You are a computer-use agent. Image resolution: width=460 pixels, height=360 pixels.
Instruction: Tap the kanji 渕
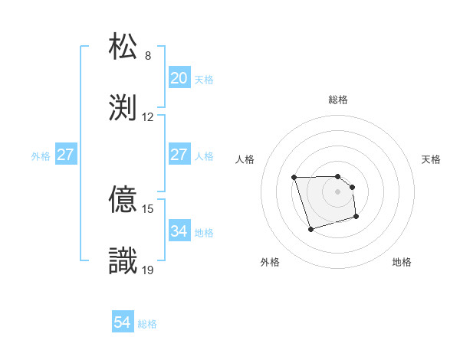(125, 107)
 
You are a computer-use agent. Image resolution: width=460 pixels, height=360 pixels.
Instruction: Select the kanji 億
(125, 199)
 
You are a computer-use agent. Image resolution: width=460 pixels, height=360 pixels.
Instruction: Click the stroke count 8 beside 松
(148, 55)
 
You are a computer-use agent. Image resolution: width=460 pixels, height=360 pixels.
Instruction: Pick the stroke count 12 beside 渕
(148, 117)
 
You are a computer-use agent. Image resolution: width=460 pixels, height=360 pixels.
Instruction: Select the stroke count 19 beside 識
(148, 270)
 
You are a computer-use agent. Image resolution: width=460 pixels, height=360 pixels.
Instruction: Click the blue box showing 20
(179, 78)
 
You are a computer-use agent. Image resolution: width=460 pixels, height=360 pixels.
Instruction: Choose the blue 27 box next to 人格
(179, 155)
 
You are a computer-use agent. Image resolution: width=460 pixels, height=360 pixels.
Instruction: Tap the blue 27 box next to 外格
(65, 155)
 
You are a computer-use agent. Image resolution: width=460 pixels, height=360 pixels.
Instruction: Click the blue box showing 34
(179, 231)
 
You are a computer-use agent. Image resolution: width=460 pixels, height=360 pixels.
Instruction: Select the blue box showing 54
(122, 323)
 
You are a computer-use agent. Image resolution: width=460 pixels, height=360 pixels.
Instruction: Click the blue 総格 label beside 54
(147, 324)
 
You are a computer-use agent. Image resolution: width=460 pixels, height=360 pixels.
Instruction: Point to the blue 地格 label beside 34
(204, 232)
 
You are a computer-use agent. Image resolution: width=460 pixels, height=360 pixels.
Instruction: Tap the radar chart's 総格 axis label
(338, 100)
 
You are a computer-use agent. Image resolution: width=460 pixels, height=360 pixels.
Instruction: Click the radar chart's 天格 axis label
(432, 159)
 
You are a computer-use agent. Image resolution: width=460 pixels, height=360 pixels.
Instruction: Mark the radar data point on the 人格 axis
(294, 178)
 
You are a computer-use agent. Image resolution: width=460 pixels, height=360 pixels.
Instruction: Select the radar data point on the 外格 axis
(310, 229)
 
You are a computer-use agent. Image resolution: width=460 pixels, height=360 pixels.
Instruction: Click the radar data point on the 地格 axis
(357, 218)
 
